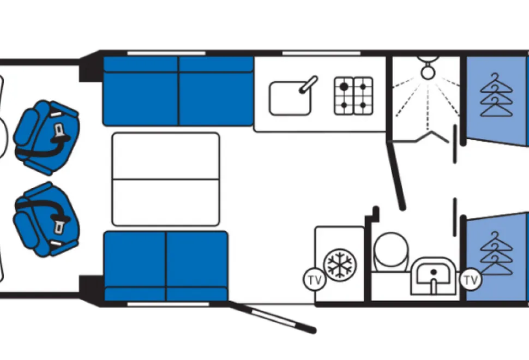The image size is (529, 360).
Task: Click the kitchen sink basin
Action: tap(290, 98)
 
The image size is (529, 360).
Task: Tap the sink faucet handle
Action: tap(308, 84)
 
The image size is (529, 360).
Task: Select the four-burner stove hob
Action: tap(353, 96)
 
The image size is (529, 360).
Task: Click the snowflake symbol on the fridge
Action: tap(340, 263)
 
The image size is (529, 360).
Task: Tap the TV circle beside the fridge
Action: tap(315, 280)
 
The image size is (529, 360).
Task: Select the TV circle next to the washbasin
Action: tap(471, 280)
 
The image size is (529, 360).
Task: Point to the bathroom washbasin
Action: tap(434, 276)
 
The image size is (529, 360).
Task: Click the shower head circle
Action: tap(428, 72)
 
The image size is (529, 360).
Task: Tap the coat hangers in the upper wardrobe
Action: tap(496, 95)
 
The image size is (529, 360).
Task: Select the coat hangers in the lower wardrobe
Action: tap(496, 254)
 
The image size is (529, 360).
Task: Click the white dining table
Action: tap(166, 179)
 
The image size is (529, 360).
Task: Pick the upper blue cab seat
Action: tap(46, 137)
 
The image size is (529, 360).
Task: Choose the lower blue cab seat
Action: tap(46, 219)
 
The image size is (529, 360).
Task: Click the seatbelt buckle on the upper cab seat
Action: tap(59, 130)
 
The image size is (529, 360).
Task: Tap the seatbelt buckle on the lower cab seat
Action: tap(59, 227)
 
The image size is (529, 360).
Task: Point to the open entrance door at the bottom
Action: tap(272, 317)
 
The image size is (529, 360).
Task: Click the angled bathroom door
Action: tap(396, 175)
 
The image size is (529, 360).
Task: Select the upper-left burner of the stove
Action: tap(344, 87)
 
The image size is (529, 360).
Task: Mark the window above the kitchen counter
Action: tap(321, 53)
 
